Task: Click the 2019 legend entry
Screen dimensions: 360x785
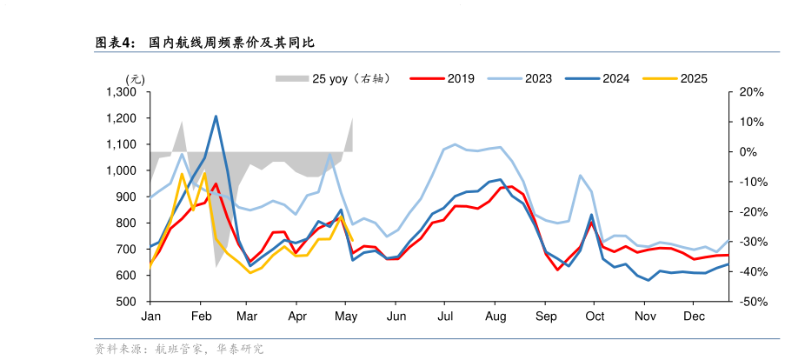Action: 461,78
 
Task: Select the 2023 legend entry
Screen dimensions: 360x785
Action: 538,78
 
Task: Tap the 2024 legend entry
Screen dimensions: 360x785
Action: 616,78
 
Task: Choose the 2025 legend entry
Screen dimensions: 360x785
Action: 693,78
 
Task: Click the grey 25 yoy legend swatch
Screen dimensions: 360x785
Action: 292,78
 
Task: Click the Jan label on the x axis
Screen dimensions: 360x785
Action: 150,316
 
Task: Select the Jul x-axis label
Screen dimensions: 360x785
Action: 446,316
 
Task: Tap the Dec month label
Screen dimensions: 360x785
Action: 693,316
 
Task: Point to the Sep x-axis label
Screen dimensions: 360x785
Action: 546,316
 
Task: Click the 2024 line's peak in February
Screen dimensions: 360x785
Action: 216,117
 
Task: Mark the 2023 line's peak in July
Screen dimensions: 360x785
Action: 456,144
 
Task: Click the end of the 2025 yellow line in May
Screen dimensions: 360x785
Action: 352,240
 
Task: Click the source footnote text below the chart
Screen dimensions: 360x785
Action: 178,349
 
